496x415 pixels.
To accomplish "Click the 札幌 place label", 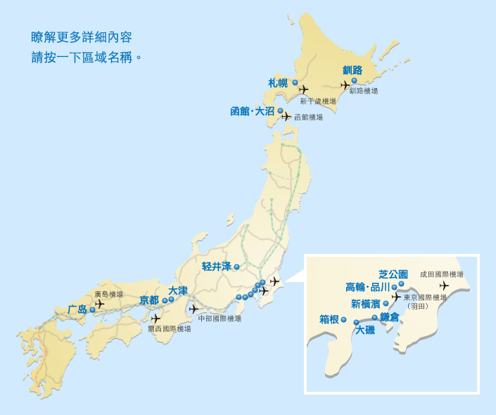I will (279, 83).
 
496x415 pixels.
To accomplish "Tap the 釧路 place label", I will (352, 70).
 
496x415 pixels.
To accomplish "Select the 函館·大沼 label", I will (252, 111).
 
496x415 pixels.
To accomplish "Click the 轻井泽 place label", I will (216, 267).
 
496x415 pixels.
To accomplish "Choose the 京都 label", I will (149, 300).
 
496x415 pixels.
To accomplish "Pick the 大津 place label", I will (178, 290).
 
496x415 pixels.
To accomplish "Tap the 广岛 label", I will (77, 309).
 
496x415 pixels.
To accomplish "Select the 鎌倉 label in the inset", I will (390, 317).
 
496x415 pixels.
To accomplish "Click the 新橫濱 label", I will (365, 303).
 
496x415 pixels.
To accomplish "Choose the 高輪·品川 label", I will (367, 287).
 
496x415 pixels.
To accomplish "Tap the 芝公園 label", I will (393, 274).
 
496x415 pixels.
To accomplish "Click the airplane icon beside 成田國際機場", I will (443, 286).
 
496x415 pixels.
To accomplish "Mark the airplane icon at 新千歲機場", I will (303, 89).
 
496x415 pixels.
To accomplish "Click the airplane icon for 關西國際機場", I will (155, 319).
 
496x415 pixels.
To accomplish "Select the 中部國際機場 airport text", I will (220, 319).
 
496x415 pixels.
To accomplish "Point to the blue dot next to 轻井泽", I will (237, 267).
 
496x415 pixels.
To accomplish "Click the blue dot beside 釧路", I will (354, 80).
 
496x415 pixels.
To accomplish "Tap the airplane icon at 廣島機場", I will (99, 304).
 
